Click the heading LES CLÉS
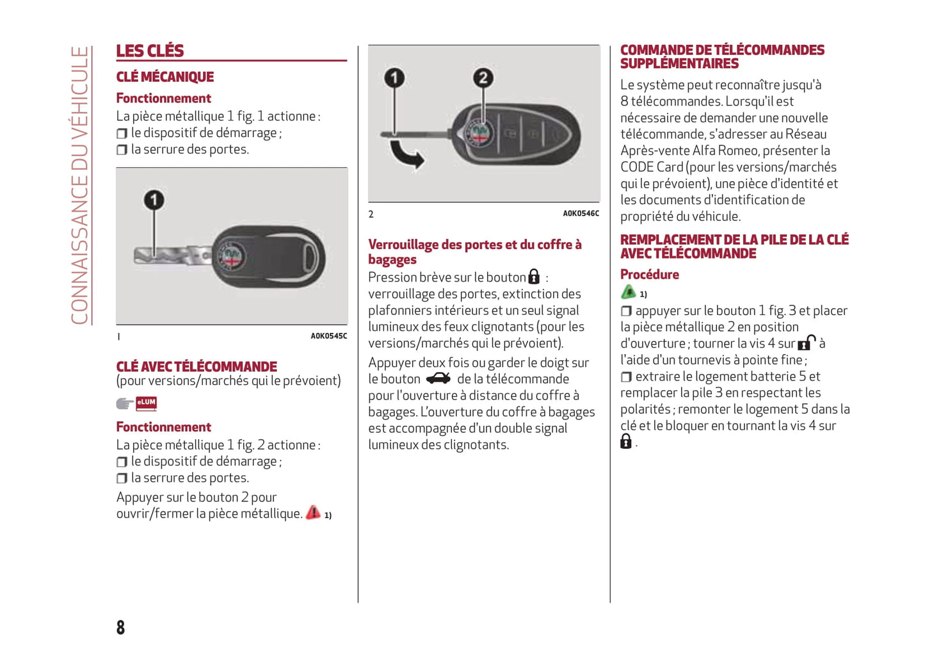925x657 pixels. click(150, 51)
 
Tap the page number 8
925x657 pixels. click(120, 627)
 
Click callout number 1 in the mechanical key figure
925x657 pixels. click(154, 200)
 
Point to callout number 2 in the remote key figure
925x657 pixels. click(483, 78)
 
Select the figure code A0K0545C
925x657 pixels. click(328, 336)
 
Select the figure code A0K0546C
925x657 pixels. click(581, 214)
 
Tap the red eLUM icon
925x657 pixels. click(146, 403)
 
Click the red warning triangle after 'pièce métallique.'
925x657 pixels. click(313, 512)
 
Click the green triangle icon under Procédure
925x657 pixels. click(629, 293)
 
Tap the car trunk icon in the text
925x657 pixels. click(438, 378)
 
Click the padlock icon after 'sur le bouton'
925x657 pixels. click(534, 277)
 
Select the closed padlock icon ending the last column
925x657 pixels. click(626, 441)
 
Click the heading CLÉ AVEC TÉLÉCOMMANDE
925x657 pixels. click(197, 367)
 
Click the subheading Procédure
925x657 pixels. click(649, 275)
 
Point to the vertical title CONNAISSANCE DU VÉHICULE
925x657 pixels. click(79, 185)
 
